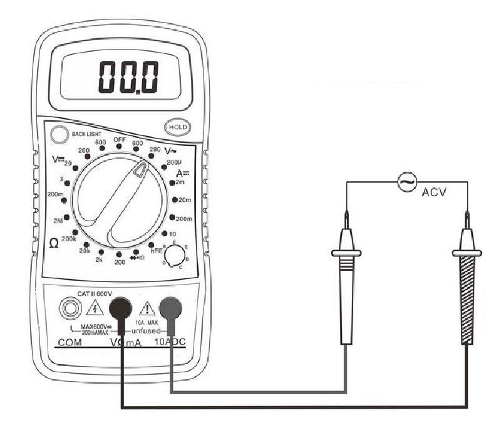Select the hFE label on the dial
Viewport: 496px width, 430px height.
[157, 251]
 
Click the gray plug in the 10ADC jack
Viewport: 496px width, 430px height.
[170, 308]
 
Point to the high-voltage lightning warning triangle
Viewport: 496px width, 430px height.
[94, 308]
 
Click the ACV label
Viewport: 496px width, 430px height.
[433, 193]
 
